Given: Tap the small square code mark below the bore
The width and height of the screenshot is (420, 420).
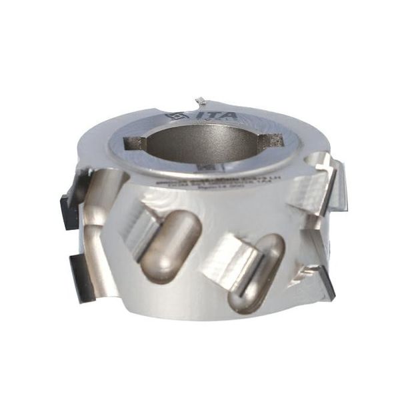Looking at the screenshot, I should pyautogui.click(x=207, y=165).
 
